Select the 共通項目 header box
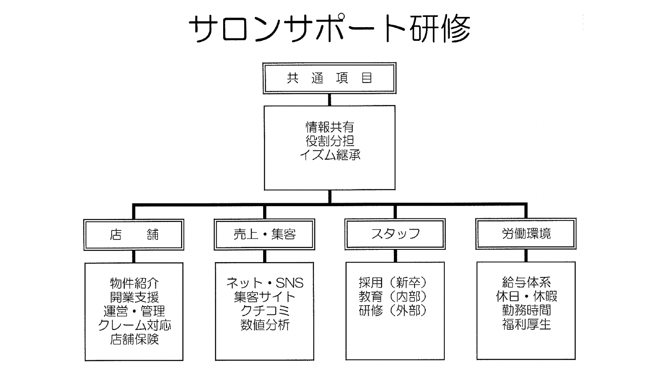[329, 78]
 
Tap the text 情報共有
[330, 127]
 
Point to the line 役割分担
[330, 141]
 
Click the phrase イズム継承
[330, 155]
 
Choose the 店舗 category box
[134, 235]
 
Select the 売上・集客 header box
[264, 235]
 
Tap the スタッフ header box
[395, 234]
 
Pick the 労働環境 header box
[526, 234]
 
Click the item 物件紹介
[134, 283]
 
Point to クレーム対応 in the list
[134, 325]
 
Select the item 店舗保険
[134, 339]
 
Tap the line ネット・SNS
[264, 283]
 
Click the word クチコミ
[264, 311]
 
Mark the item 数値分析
[264, 325]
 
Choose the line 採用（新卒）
[393, 282]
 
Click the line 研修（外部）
[393, 310]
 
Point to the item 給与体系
[526, 282]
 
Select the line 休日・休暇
[526, 296]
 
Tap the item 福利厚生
[526, 324]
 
